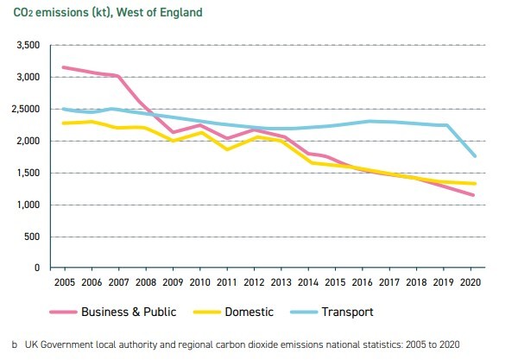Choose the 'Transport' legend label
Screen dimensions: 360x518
[374, 311]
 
